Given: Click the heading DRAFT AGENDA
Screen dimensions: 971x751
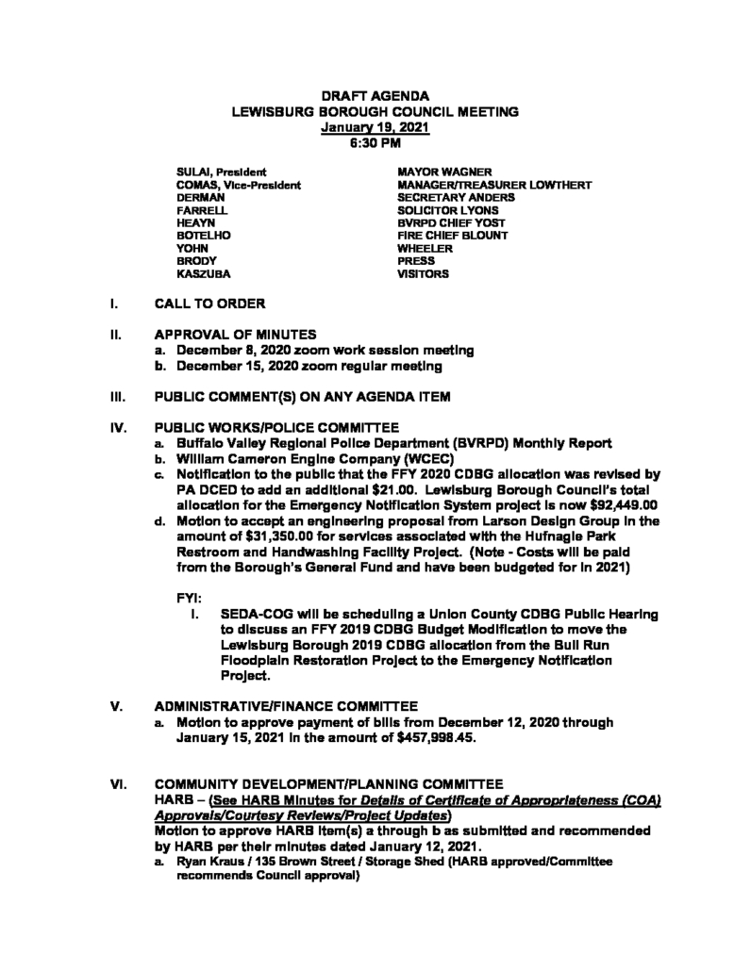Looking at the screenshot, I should coord(375,96).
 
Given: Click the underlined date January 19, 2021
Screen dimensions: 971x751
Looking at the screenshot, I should coord(375,126).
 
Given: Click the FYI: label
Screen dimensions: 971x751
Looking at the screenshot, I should coord(190,597).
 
